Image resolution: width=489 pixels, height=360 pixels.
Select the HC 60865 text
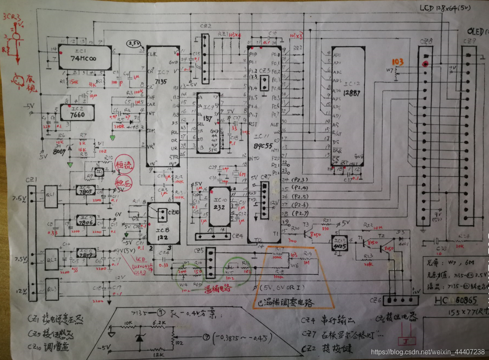pos(455,301)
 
